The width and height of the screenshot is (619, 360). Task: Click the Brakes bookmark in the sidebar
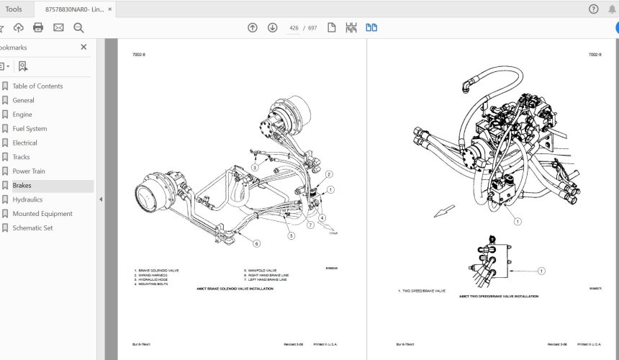pyautogui.click(x=22, y=186)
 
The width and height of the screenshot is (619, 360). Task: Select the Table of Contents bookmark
pyautogui.click(x=37, y=86)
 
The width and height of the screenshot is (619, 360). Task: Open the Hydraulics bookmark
pyautogui.click(x=27, y=199)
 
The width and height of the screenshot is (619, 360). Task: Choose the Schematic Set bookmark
pyautogui.click(x=32, y=228)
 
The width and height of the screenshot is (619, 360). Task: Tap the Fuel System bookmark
pyautogui.click(x=30, y=129)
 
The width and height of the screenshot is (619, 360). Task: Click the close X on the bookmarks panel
pyautogui.click(x=83, y=47)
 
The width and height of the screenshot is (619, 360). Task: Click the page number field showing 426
pyautogui.click(x=294, y=28)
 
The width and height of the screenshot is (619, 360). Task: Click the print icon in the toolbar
pyautogui.click(x=38, y=27)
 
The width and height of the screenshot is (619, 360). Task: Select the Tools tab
pyautogui.click(x=14, y=9)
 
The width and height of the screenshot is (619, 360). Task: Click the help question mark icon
pyautogui.click(x=593, y=9)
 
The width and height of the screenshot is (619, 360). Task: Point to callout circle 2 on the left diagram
pyautogui.click(x=329, y=175)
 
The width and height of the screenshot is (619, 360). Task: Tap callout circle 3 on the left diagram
pyautogui.click(x=255, y=168)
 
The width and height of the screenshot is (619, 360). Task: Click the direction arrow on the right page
pyautogui.click(x=444, y=211)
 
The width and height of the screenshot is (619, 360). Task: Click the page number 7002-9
pyautogui.click(x=594, y=55)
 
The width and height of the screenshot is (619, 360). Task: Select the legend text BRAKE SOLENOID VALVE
pyautogui.click(x=159, y=271)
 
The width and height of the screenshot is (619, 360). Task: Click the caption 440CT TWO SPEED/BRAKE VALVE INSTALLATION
pyautogui.click(x=499, y=296)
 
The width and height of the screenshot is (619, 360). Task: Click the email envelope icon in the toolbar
pyautogui.click(x=58, y=27)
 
